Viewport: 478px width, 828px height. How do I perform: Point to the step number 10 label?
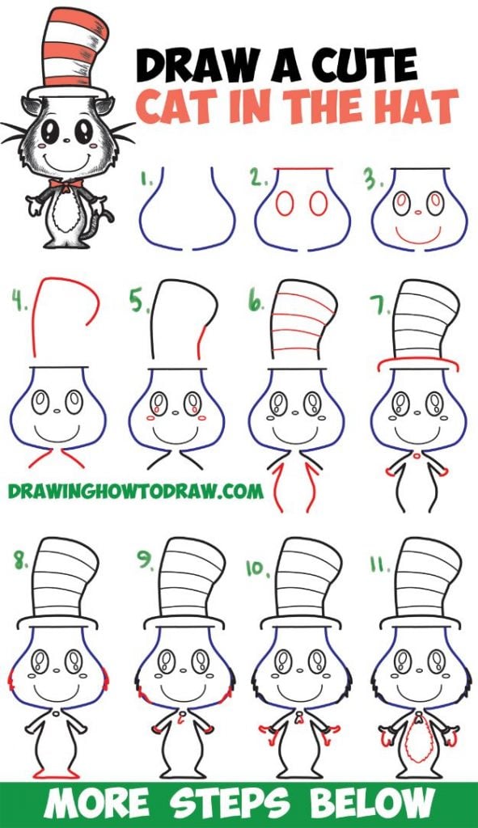coord(258,568)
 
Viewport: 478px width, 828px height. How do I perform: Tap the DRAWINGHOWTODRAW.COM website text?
coord(136,490)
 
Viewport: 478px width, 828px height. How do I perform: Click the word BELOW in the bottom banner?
coord(379,805)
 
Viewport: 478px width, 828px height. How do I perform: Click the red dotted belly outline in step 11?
coord(418,737)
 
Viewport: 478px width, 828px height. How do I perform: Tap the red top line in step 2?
coord(302,171)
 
